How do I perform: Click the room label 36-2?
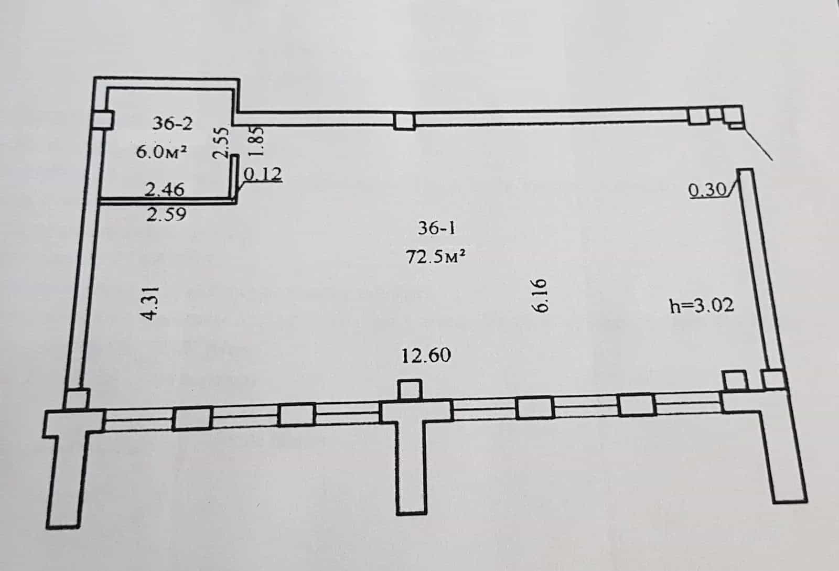[173, 123]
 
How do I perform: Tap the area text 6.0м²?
[162, 152]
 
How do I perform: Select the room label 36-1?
[436, 228]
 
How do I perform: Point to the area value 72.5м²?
[436, 257]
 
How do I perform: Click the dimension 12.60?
[426, 355]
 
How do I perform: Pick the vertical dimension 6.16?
[540, 296]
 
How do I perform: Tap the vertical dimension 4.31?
[150, 304]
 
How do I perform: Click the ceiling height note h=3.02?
[702, 306]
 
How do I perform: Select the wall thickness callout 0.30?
[707, 190]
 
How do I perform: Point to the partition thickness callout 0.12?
[263, 174]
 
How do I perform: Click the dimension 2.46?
[165, 189]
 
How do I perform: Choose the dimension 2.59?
[166, 214]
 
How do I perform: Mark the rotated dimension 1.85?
[257, 141]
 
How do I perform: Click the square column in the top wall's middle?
[404, 121]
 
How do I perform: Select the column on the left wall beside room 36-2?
[103, 120]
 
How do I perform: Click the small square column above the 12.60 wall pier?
[410, 391]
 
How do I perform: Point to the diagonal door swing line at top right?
[758, 145]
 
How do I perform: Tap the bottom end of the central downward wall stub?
[412, 513]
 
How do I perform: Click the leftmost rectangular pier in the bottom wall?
[192, 419]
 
